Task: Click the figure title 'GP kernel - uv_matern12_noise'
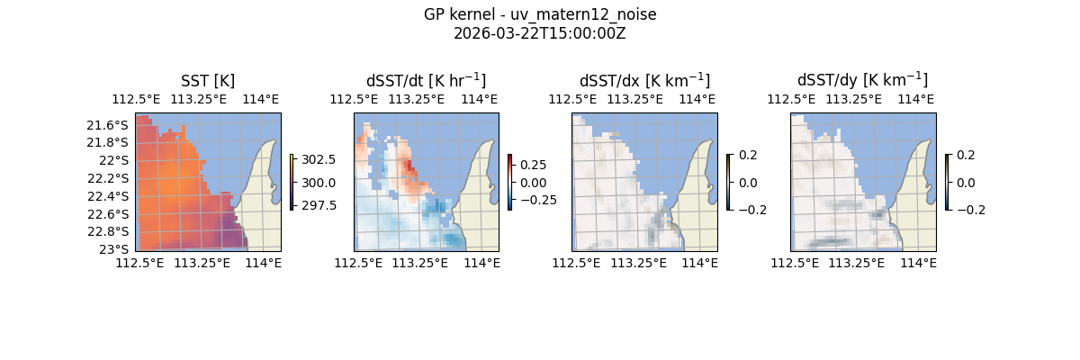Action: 540,15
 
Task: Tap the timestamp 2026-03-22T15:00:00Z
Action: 540,33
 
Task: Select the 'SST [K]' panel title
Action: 208,80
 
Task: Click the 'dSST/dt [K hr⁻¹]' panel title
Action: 426,80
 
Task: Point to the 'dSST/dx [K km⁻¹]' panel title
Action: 644,80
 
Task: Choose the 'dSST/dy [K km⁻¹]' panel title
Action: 862,80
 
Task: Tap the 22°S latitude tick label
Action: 117,160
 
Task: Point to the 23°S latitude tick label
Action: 117,248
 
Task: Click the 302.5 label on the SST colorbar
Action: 319,159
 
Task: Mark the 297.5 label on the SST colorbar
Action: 319,205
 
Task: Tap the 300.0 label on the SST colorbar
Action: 319,183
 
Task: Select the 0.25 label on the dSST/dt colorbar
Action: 534,166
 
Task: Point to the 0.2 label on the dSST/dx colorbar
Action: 748,155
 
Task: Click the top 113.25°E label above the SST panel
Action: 201,99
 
